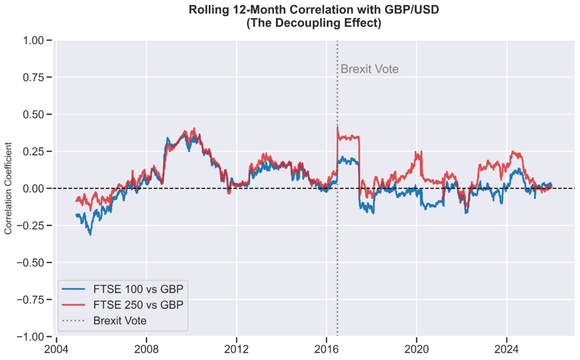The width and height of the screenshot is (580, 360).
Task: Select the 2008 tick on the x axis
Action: click(x=146, y=348)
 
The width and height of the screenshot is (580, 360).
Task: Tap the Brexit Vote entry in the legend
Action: click(x=120, y=320)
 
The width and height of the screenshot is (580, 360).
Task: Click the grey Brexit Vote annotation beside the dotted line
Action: click(x=369, y=69)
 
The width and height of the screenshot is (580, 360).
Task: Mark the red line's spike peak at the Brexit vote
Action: click(x=338, y=127)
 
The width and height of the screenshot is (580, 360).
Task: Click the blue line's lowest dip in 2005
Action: click(x=90, y=234)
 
